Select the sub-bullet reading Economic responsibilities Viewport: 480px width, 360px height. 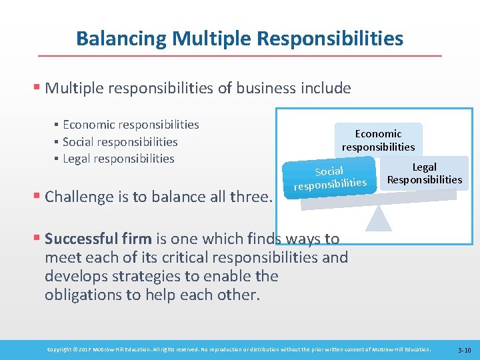pos(131,125)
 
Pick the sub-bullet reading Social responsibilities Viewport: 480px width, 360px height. pos(120,141)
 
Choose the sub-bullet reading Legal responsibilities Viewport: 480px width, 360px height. pos(118,159)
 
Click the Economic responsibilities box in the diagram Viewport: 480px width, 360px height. pos(378,140)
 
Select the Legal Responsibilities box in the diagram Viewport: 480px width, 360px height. pos(425,173)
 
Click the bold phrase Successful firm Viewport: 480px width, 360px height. pos(99,239)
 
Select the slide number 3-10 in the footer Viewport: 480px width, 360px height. pos(464,350)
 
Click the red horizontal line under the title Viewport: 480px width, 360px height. pos(240,55)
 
